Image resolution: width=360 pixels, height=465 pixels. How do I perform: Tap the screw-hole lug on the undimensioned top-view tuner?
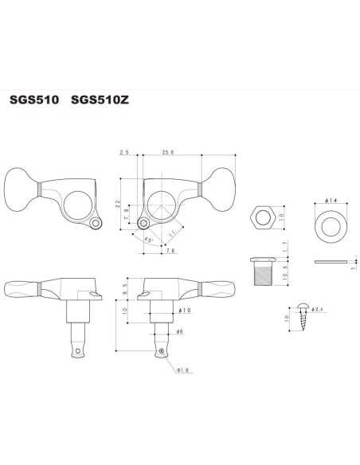point(96,224)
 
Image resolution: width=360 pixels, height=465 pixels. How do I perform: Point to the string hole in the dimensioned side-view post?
point(162,351)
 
